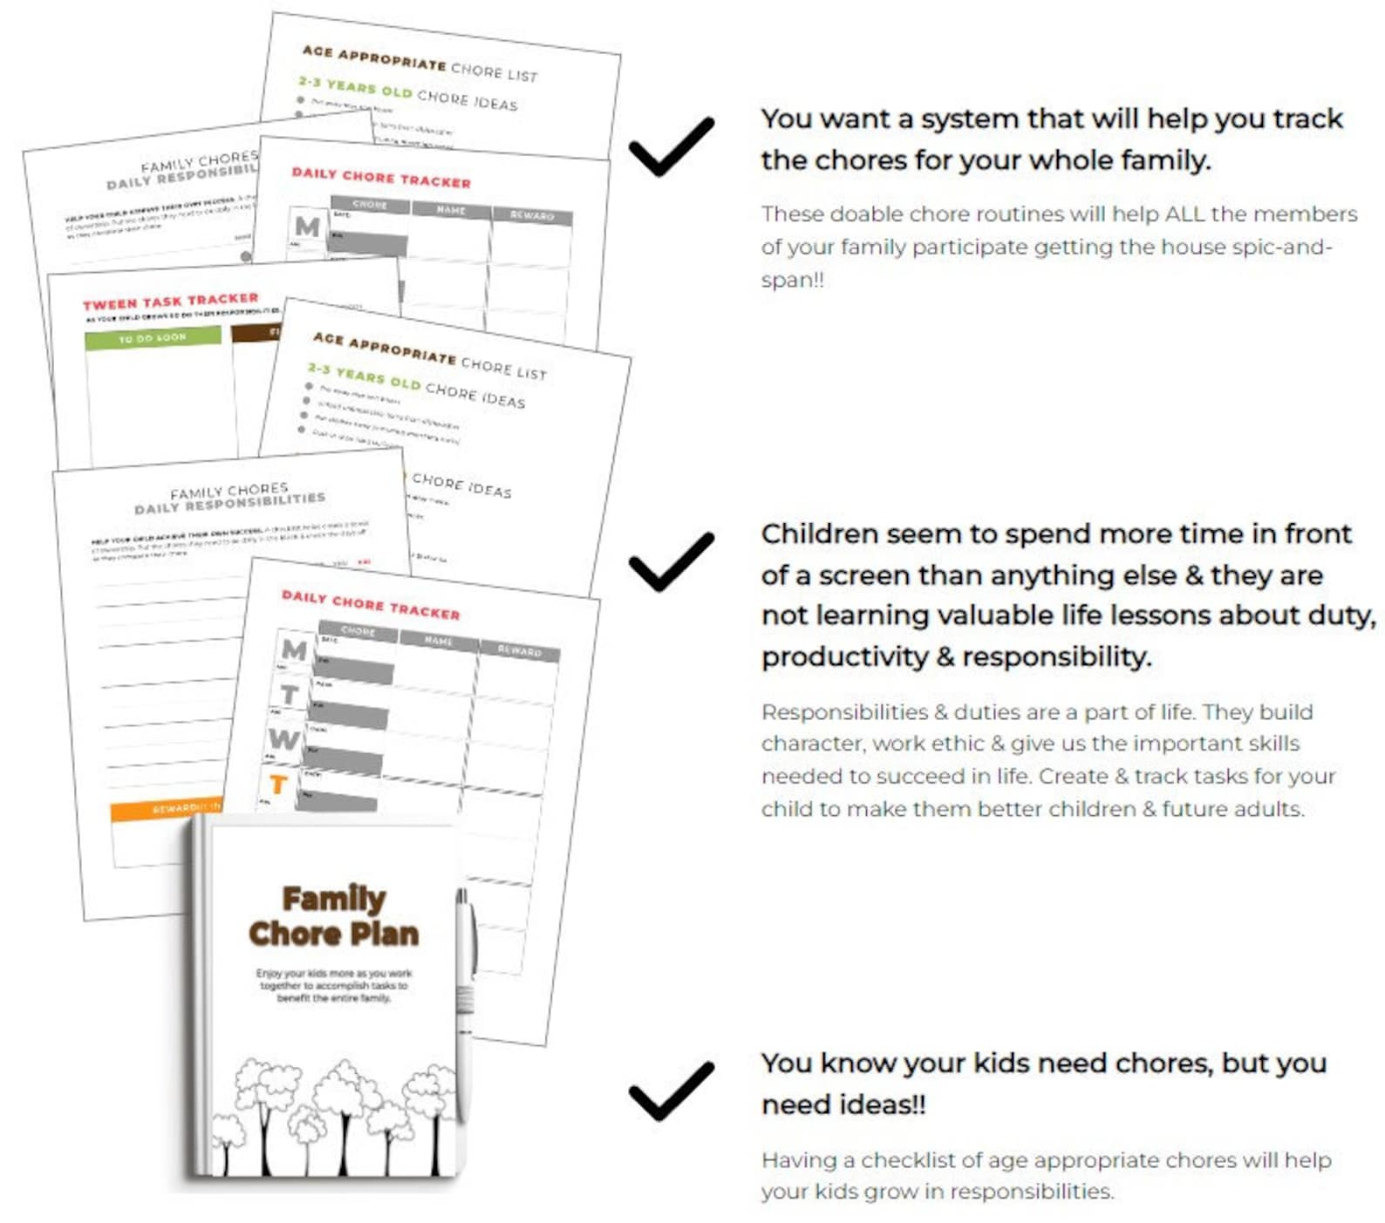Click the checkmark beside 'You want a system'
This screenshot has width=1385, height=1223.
pyautogui.click(x=671, y=146)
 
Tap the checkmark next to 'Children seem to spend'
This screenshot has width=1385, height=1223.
pyautogui.click(x=671, y=561)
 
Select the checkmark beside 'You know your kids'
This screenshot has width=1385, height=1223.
pyautogui.click(x=671, y=1091)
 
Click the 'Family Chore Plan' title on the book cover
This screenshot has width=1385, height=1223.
pyautogui.click(x=334, y=916)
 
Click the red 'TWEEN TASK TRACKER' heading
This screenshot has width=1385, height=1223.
pyautogui.click(x=171, y=302)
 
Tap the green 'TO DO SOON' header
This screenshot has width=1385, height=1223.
pyautogui.click(x=153, y=337)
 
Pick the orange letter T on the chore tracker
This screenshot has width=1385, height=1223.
pyautogui.click(x=278, y=785)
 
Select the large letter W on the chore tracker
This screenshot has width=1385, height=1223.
pyautogui.click(x=284, y=739)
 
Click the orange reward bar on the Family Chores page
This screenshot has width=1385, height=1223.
pyautogui.click(x=166, y=810)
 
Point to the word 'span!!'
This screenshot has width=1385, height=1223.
pyautogui.click(x=792, y=281)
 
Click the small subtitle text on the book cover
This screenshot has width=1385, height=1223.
pyautogui.click(x=334, y=986)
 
